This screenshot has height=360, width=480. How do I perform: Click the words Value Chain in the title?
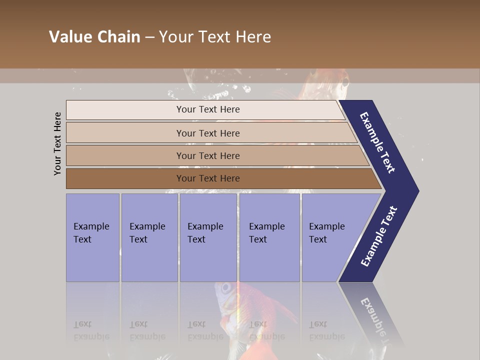pos(94,37)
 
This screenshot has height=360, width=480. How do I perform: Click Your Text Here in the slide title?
pos(215,37)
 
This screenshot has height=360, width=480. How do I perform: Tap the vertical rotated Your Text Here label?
pos(58,143)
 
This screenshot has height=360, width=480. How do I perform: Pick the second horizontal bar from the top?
pos(207,133)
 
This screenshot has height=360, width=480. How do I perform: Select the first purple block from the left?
pos(92,237)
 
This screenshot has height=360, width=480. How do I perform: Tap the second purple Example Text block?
pos(149,237)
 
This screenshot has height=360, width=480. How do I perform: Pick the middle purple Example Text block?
pos(208,237)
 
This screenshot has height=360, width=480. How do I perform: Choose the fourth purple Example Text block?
pos(269,237)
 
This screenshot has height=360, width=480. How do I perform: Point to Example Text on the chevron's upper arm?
pos(378,142)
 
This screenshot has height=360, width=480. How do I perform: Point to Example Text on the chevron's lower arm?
pos(379,236)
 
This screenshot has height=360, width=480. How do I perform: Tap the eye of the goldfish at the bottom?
pos(226,288)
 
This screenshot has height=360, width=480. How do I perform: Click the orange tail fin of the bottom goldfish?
pos(280,310)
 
